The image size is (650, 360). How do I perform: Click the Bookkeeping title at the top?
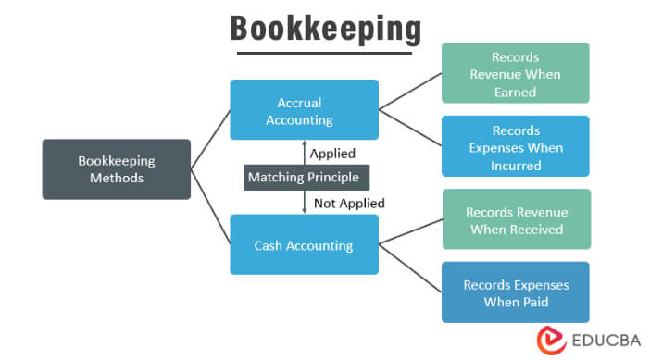click(x=324, y=28)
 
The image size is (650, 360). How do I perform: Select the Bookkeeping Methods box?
click(x=117, y=168)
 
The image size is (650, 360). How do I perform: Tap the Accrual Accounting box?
click(x=304, y=110)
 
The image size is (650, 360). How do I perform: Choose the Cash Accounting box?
click(x=304, y=245)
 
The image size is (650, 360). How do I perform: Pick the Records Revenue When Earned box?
click(x=516, y=73)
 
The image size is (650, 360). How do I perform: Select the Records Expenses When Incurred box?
click(x=516, y=146)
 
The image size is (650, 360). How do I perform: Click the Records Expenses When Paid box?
click(x=516, y=292)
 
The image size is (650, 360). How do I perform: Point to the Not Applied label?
click(x=348, y=203)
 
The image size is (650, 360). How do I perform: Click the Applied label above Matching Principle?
click(x=331, y=153)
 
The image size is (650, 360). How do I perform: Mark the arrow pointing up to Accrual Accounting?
click(x=305, y=151)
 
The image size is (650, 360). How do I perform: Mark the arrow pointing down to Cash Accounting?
click(x=305, y=203)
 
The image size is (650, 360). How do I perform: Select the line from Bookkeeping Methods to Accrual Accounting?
click(x=210, y=140)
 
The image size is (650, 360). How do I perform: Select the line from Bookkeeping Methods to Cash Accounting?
click(x=210, y=206)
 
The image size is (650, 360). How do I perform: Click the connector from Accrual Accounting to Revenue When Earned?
click(x=409, y=92)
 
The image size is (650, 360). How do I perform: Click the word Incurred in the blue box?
click(x=516, y=165)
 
